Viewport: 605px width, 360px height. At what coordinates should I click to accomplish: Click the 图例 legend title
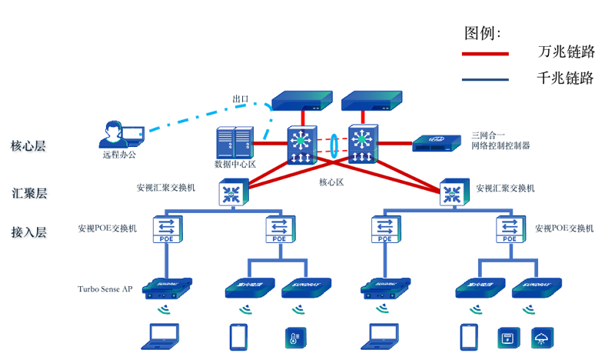[482, 33]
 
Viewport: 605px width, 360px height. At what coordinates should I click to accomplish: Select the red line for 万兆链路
[484, 54]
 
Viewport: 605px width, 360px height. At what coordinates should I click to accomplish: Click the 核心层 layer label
[28, 145]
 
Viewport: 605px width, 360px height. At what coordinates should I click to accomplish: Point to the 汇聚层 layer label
[28, 192]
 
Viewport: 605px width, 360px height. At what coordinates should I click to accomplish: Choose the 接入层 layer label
[28, 232]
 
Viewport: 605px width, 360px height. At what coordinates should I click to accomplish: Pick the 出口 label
[241, 99]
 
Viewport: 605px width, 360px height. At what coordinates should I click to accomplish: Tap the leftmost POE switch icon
[165, 228]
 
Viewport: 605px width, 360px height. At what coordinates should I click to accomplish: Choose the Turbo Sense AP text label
[105, 289]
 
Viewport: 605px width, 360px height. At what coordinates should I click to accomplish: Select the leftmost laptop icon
[163, 335]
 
